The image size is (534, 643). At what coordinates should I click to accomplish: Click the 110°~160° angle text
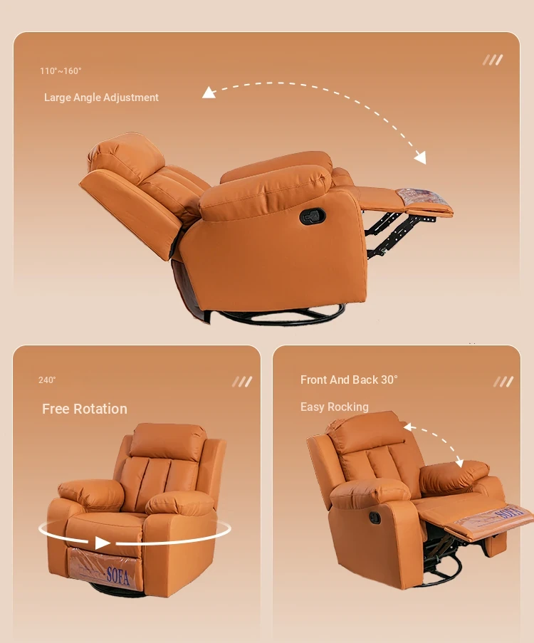[x=61, y=71]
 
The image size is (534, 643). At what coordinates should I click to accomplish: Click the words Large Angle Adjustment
[x=101, y=98]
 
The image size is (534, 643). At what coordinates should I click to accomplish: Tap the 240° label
[x=47, y=380]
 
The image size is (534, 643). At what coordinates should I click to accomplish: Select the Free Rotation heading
[x=85, y=409]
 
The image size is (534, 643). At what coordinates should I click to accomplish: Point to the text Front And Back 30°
[x=349, y=380]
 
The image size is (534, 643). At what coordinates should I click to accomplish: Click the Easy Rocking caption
[x=334, y=407]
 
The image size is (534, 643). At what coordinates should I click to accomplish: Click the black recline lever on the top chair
[x=313, y=216]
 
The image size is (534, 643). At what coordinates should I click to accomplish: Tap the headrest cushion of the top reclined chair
[x=125, y=155]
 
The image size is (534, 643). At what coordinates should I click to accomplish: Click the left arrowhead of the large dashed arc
[x=209, y=93]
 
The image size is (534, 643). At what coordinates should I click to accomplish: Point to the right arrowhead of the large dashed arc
[x=421, y=157]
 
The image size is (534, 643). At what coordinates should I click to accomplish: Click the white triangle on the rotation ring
[x=102, y=543]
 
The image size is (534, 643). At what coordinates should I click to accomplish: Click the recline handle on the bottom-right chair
[x=375, y=518]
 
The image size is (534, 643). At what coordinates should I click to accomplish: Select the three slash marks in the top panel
[x=493, y=60]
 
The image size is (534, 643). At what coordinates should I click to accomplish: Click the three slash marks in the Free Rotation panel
[x=242, y=382]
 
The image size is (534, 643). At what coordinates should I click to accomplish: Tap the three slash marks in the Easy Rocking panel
[x=503, y=382]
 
